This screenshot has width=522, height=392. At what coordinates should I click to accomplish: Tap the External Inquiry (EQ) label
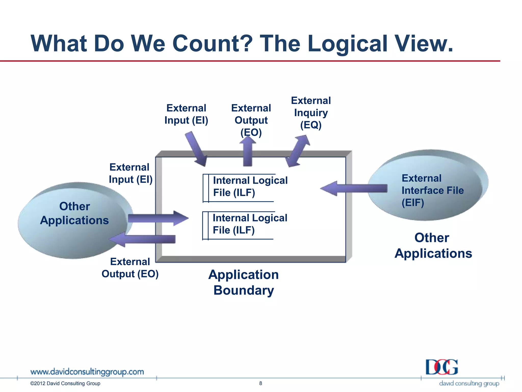(311, 113)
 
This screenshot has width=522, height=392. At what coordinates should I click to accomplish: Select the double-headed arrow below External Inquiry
(297, 151)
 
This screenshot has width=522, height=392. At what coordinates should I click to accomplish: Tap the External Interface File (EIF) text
(432, 190)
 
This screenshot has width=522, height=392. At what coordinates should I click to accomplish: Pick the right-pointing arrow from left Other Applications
(158, 218)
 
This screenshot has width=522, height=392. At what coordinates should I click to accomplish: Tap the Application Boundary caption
(243, 283)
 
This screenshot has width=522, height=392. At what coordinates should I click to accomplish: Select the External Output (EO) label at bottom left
(130, 268)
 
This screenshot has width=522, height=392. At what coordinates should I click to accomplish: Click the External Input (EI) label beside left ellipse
(130, 174)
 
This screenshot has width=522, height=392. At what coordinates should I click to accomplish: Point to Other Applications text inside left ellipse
(74, 213)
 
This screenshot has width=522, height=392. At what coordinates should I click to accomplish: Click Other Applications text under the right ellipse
(433, 246)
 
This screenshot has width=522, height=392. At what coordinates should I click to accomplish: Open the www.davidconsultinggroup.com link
(87, 372)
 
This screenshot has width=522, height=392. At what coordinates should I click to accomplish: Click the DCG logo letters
(442, 367)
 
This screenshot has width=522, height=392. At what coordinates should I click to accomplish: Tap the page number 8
(260, 383)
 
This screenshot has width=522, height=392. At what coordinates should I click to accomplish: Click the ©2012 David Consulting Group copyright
(65, 383)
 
